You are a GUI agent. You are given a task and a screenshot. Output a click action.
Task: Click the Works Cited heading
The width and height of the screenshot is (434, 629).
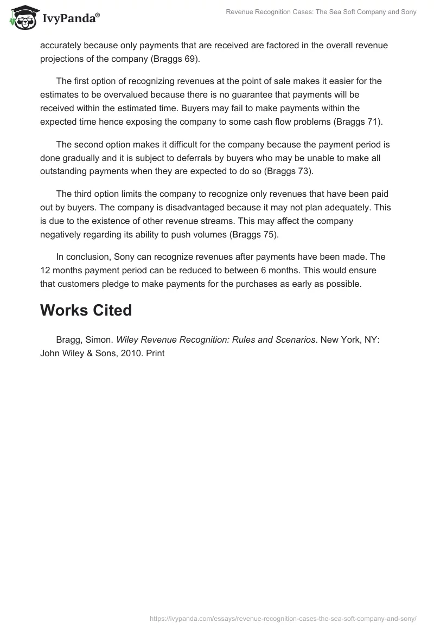click(86, 310)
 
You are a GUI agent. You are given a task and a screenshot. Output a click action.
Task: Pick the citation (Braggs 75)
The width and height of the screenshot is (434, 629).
click(256, 234)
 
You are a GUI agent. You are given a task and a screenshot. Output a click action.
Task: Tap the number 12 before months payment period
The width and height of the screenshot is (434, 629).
click(45, 270)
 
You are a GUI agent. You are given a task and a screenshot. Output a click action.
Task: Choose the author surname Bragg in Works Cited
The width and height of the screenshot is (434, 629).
click(68, 340)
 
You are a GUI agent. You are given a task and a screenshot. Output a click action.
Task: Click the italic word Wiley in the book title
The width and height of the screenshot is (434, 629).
click(128, 340)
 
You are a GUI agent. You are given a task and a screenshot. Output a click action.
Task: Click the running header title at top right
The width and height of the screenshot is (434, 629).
click(321, 12)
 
